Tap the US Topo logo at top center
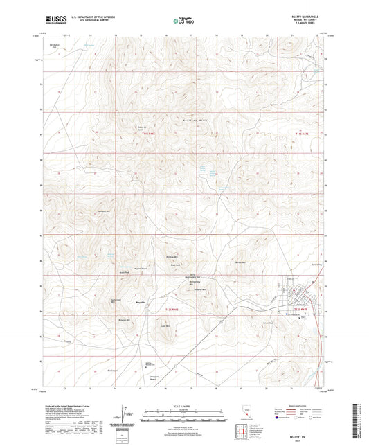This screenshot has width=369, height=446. point(183,21)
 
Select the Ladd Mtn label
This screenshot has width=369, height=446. point(165,325)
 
